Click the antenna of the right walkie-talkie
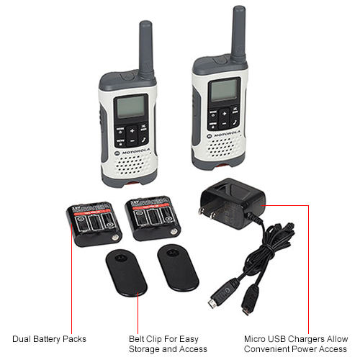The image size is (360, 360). [238, 32]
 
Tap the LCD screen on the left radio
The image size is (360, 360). [132, 107]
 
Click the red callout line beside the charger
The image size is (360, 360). [308, 274]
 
